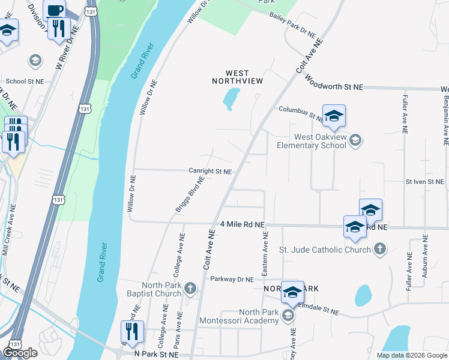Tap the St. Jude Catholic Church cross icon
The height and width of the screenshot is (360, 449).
coord(379,248)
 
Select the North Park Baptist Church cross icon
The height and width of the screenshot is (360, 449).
coord(190,289)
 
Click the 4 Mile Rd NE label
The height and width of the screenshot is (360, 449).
coord(243,224)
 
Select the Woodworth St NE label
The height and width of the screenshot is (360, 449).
coord(333,83)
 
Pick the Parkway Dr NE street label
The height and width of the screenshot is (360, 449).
coord(234,278)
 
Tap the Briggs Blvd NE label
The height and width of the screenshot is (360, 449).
coord(190,194)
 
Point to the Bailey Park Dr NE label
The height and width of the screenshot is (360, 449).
coord(292,25)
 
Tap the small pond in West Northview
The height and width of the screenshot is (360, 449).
coord(231,98)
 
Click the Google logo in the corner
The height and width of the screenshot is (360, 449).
coord(20,353)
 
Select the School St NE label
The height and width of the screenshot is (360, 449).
coord(25,81)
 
